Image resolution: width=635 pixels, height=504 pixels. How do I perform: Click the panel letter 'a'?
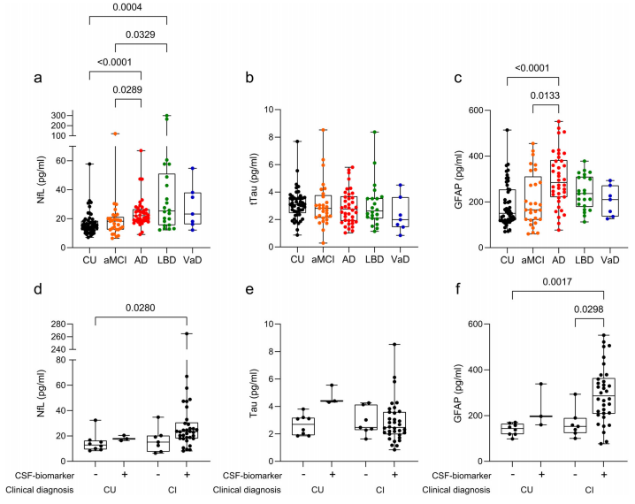tap(37, 78)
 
